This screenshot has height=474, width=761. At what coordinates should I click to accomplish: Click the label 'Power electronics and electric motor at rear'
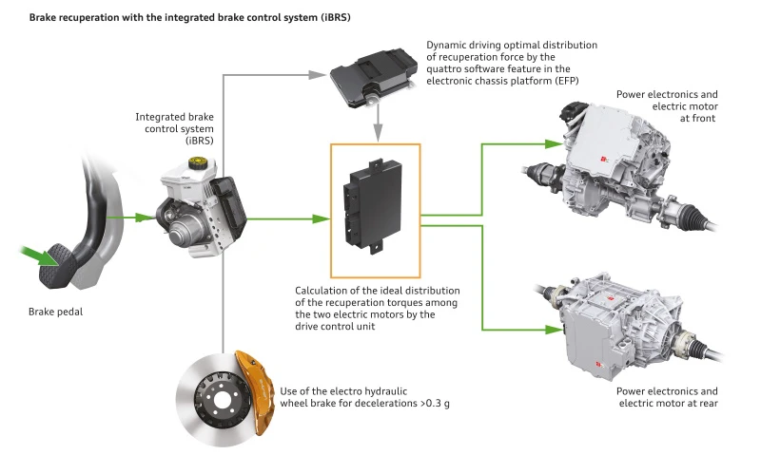[x=665, y=397]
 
